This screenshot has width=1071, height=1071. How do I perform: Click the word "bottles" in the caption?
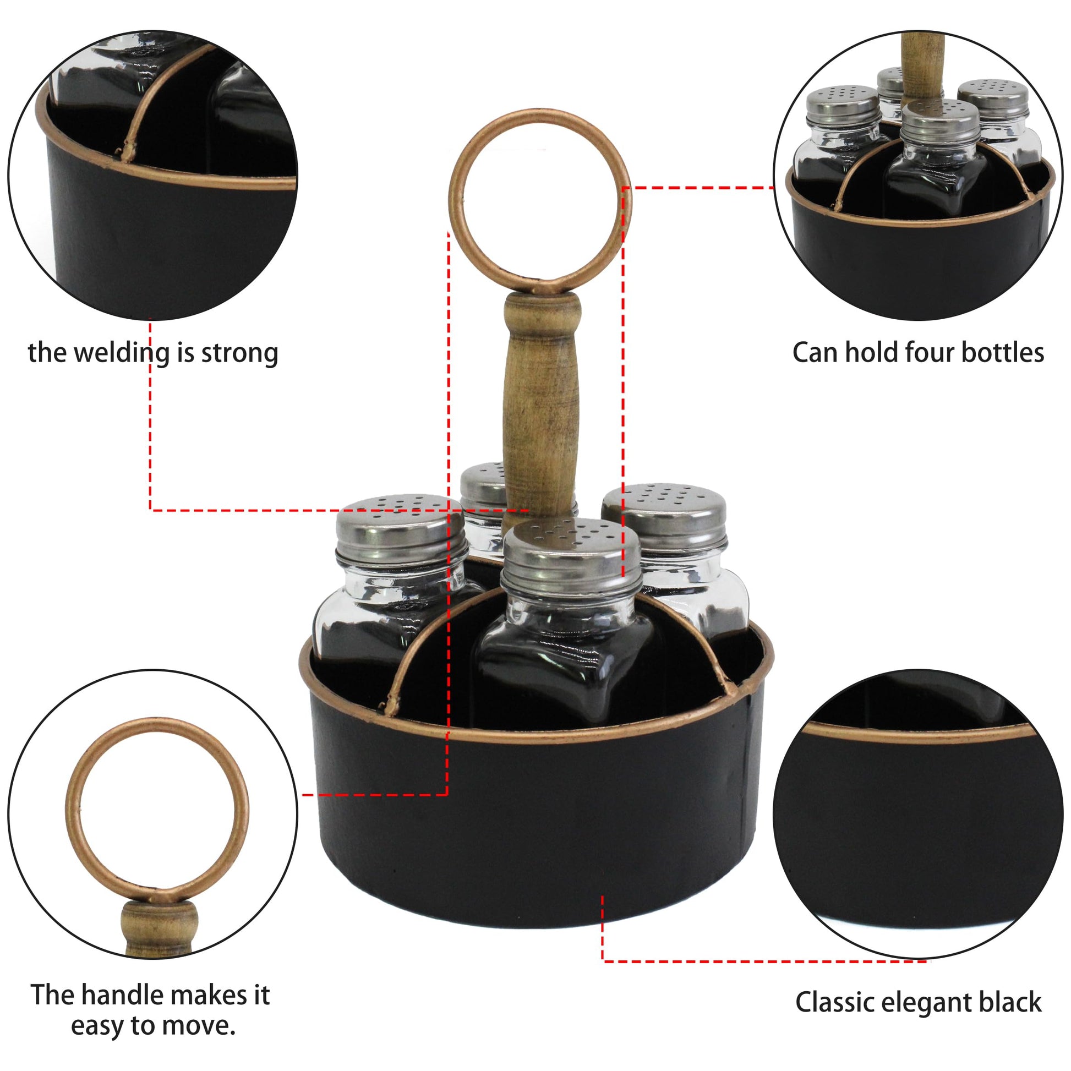(x=1002, y=353)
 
